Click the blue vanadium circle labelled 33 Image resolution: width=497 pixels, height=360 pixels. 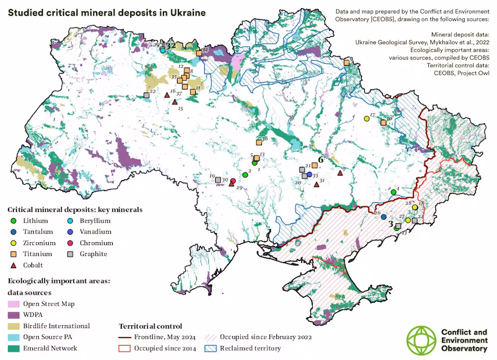[309, 175]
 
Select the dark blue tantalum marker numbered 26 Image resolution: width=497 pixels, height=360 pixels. [383, 217]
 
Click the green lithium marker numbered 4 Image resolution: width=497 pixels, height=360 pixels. [393, 192]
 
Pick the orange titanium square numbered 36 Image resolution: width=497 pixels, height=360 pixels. [259, 142]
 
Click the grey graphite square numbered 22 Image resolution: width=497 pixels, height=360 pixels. [146, 95]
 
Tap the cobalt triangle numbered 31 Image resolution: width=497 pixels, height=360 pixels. [317, 184]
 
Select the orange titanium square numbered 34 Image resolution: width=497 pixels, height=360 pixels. [198, 53]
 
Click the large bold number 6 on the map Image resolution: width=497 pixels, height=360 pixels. [321, 160]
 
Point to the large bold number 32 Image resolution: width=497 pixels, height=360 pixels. [171, 45]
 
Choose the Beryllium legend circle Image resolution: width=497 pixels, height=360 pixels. [70, 221]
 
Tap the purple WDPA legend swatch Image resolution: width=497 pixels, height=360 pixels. [13, 315]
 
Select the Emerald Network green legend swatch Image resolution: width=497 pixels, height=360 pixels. [13, 348]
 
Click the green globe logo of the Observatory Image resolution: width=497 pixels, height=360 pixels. [421, 340]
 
